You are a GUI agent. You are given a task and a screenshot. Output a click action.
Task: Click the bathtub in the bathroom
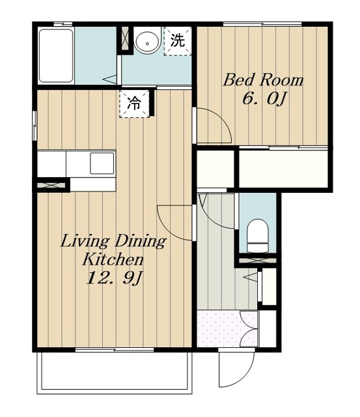point(56,56)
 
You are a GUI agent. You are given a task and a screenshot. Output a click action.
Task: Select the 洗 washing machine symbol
point(178,41)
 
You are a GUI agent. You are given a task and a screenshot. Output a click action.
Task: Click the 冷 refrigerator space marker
point(135,104)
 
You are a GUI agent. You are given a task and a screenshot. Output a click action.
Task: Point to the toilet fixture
point(257,236)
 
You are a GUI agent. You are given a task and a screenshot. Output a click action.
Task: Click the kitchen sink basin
point(102,163)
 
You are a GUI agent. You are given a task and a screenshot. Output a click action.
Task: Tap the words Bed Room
point(263,79)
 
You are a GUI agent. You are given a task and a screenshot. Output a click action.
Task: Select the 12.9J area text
point(113,278)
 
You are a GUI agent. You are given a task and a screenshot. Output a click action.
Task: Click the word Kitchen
point(113,259)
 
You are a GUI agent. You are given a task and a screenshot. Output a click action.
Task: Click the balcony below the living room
point(114,372)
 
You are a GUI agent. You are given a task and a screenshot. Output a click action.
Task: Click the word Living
point(85,242)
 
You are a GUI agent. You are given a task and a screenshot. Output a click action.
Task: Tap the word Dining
point(140,242)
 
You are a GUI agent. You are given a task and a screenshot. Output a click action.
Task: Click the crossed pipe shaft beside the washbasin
point(124,39)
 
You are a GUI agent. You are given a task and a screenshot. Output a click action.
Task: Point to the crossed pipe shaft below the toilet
point(256,261)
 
